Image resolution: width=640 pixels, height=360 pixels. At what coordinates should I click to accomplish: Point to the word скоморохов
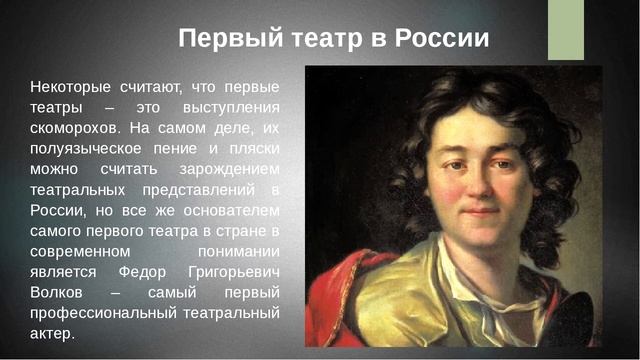pos(75,128)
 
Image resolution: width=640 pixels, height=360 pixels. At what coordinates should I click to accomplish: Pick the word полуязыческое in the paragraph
pos(90,148)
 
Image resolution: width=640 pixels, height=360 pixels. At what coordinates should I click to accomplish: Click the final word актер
pos(53,333)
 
